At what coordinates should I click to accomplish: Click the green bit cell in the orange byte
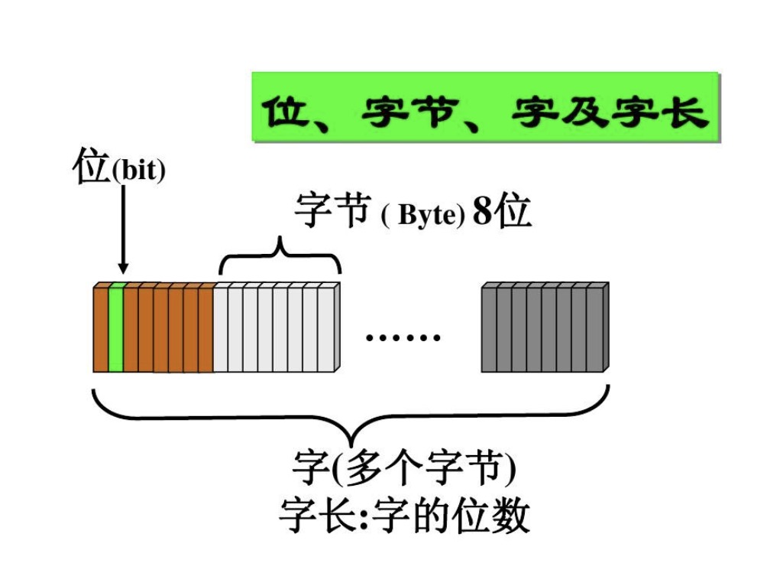tap(115, 327)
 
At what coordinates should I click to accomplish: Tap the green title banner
tap(486, 107)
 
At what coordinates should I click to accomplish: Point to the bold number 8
tap(482, 211)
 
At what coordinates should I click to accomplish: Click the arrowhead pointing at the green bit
tap(123, 268)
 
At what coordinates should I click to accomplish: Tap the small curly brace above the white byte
tap(280, 255)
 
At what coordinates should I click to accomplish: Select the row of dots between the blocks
tap(403, 337)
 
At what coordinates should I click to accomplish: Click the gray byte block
tap(545, 327)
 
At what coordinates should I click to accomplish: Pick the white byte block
tap(277, 327)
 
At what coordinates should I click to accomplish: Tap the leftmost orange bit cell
tap(101, 327)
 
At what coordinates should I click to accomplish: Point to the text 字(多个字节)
tap(404, 467)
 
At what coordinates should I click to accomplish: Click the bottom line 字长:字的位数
tap(405, 515)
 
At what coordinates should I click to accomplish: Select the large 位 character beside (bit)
tap(91, 166)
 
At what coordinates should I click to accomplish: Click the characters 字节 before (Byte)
tap(332, 210)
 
